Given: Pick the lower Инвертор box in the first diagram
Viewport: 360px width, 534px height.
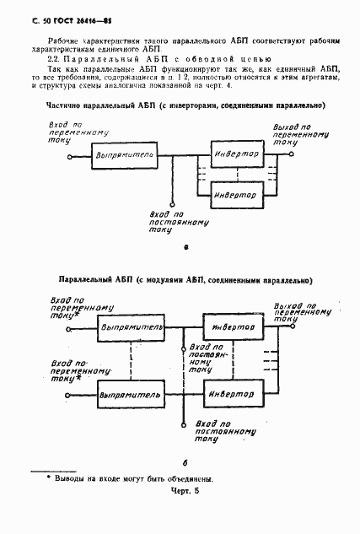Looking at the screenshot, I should coord(234,194).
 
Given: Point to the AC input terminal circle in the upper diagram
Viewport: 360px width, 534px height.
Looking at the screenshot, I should coord(71,157).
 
